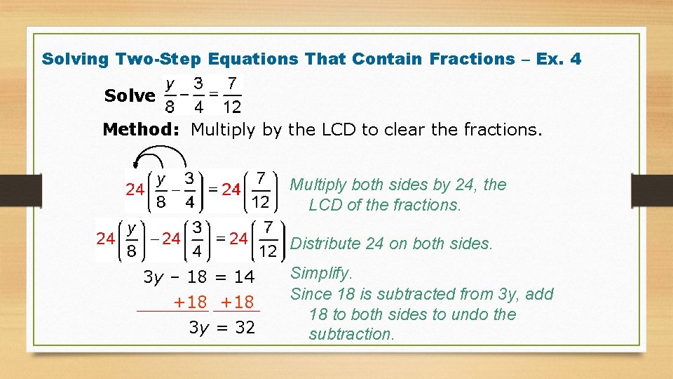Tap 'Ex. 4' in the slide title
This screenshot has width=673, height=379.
click(558, 59)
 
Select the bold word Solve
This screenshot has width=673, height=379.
click(130, 95)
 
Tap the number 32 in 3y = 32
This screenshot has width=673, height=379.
click(245, 327)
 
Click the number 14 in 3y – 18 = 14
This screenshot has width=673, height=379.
click(245, 277)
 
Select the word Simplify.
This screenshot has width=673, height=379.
click(322, 273)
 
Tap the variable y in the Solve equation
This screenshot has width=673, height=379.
click(169, 84)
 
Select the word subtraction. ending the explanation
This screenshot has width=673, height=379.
click(352, 334)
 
